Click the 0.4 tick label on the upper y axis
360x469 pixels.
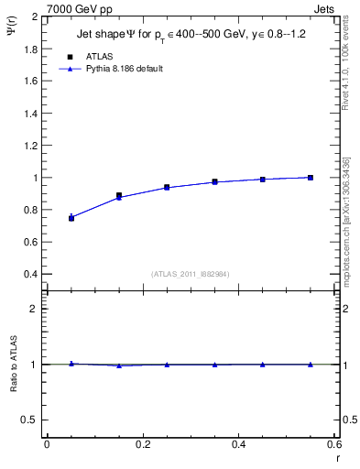pos(30,274)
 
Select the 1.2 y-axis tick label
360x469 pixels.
pos(30,145)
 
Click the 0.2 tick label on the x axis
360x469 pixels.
pos(143,444)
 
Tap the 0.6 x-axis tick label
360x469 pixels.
pos(333,444)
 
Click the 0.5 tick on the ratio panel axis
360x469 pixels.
pos(30,420)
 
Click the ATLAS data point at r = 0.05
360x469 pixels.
pos(71,218)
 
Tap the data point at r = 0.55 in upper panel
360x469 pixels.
pos(311,178)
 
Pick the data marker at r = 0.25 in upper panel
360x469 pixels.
pos(167,187)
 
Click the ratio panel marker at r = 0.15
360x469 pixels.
pos(119,365)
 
